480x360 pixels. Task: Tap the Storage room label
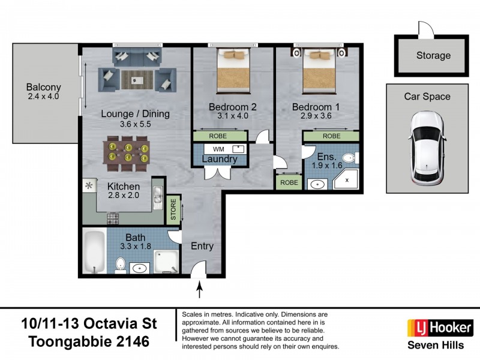433,56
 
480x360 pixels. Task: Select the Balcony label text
44,87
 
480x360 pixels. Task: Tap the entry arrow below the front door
200,291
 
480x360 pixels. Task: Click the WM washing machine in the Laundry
220,148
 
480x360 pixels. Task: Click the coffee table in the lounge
137,77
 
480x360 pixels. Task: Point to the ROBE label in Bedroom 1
331,136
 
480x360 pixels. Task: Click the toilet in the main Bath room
120,264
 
